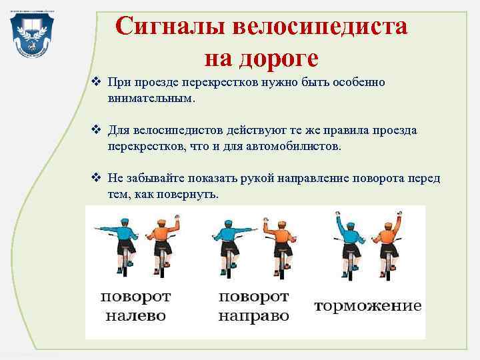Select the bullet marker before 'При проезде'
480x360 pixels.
pos(96,84)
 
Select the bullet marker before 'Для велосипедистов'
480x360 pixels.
pos(96,131)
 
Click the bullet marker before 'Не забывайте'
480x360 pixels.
pos(96,178)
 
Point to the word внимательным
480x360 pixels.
pos(152,99)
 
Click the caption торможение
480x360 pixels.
pos(367,306)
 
